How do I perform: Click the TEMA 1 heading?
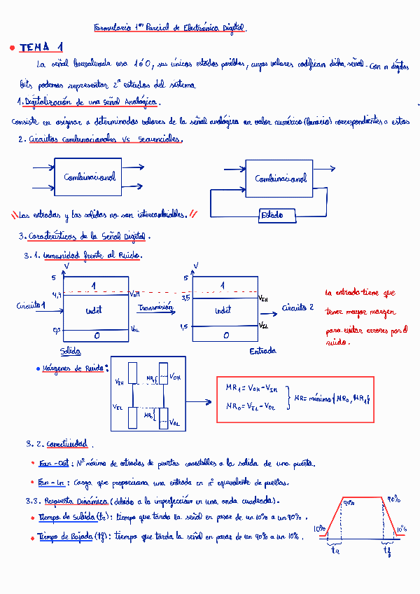pos(41,47)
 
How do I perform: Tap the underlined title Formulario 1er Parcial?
pos(170,28)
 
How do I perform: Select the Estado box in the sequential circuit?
pos(272,215)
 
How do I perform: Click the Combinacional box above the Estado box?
pos(279,179)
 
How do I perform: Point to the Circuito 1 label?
pos(31,305)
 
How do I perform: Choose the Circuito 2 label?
pos(297,308)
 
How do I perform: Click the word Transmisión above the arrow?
pos(155,307)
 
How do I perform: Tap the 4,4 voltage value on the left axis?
pos(56,296)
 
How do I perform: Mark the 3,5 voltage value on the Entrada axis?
pos(185,298)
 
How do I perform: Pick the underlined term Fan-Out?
pos(54,464)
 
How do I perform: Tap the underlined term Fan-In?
pos(52,482)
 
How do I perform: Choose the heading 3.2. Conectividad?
pos(57,444)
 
